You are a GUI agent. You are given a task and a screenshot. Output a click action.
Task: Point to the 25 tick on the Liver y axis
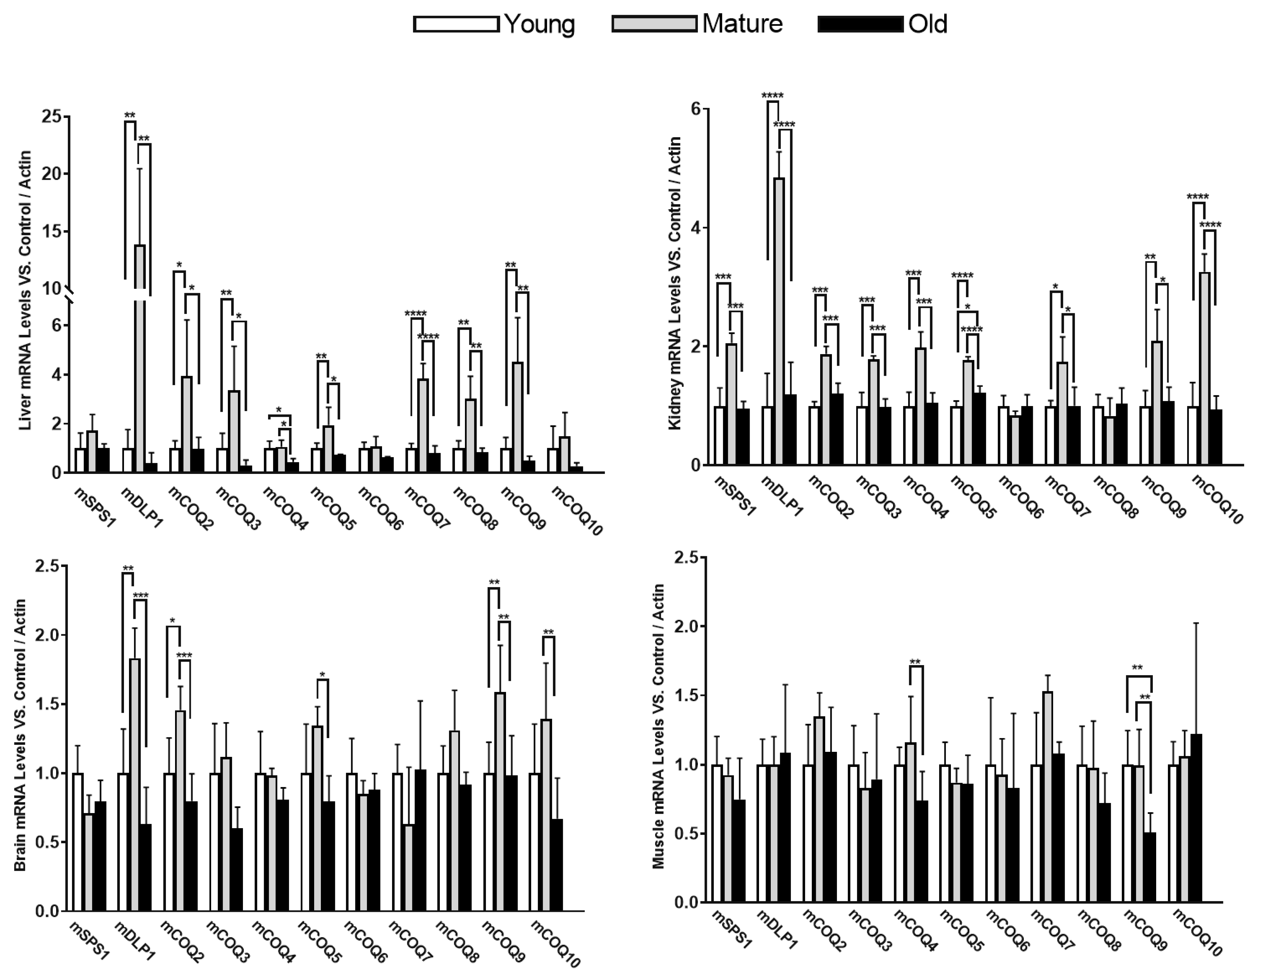(x=51, y=117)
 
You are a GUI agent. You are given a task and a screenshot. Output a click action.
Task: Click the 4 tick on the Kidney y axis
(x=695, y=228)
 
